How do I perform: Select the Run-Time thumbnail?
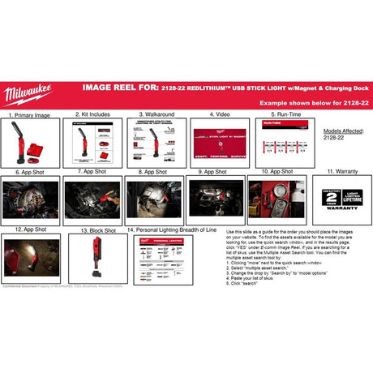point(275,141)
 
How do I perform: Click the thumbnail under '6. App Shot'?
point(30,199)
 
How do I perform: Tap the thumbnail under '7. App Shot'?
point(92,199)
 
